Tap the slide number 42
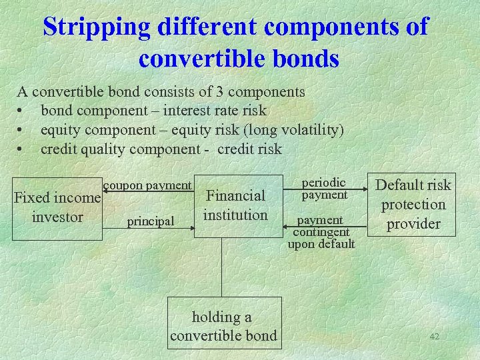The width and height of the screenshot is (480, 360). click(x=434, y=337)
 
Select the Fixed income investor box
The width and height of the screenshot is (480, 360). click(x=57, y=207)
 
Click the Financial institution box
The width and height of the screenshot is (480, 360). click(x=235, y=205)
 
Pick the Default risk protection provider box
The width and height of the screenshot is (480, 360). click(x=413, y=204)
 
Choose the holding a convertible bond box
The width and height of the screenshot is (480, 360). click(x=223, y=326)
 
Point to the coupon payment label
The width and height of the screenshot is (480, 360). click(x=147, y=185)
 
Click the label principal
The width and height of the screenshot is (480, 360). click(x=151, y=221)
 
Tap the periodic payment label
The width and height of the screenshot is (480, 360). click(x=324, y=188)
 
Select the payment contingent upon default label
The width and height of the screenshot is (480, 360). click(x=321, y=232)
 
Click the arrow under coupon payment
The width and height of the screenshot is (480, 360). click(x=148, y=192)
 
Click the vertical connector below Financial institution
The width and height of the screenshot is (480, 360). click(x=223, y=267)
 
